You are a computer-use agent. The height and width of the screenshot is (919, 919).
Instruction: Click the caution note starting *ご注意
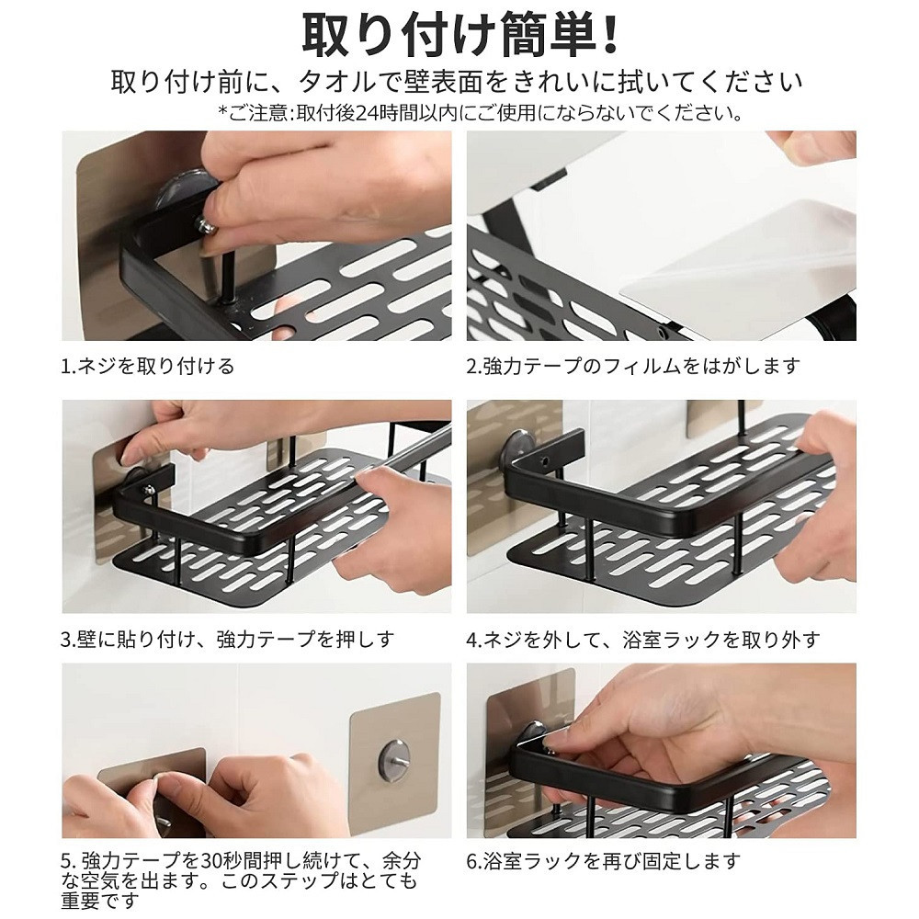coord(481,112)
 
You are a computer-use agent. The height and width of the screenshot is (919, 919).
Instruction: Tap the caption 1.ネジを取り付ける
coord(148,367)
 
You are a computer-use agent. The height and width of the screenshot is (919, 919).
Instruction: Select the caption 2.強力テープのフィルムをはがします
coord(633,367)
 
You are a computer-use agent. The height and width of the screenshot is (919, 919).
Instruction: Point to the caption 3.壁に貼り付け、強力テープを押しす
coord(227,639)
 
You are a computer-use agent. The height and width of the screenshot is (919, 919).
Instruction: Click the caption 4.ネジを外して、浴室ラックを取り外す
coord(643,639)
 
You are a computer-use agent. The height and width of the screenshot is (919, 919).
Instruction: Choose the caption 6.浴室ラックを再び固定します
coord(604,862)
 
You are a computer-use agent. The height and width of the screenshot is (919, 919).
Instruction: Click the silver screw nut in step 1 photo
coord(206,224)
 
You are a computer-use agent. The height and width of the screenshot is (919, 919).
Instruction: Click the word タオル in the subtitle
coord(336,82)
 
